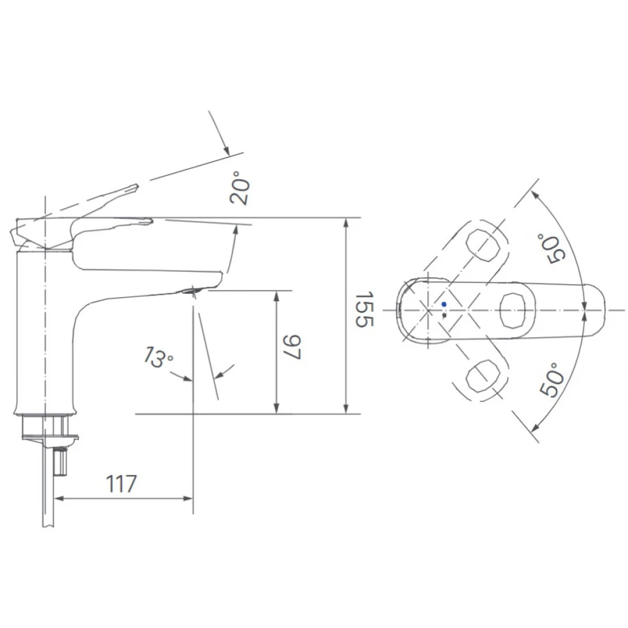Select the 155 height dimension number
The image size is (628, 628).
pyautogui.click(x=364, y=309)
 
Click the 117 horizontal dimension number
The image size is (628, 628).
pyautogui.click(x=121, y=484)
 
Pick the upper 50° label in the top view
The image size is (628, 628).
pyautogui.click(x=550, y=248)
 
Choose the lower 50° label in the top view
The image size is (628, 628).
pyautogui.click(x=550, y=379)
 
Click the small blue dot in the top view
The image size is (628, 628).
pyautogui.click(x=443, y=304)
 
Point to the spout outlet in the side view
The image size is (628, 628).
pyautogui.click(x=190, y=292)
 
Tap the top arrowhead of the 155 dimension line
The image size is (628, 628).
pyautogui.click(x=346, y=222)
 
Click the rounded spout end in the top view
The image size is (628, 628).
pyautogui.click(x=599, y=310)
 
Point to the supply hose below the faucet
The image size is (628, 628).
pyautogui.click(x=48, y=507)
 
